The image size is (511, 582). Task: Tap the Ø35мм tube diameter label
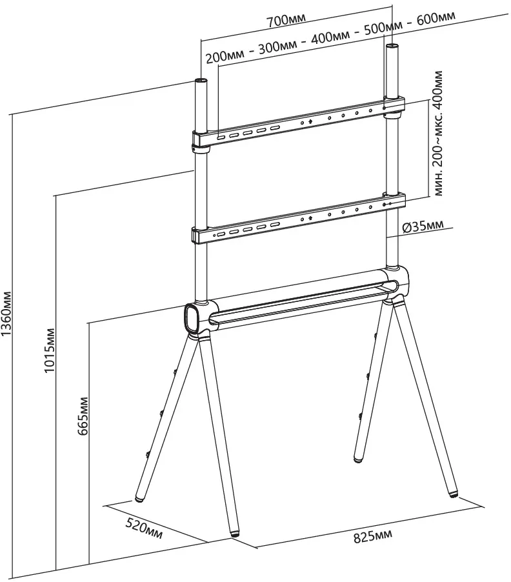pyautogui.click(x=422, y=226)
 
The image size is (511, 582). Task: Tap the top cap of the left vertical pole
pyautogui.click(x=200, y=82)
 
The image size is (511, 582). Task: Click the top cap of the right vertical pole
pyautogui.click(x=392, y=47)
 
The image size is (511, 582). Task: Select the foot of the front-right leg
pyautogui.click(x=456, y=494)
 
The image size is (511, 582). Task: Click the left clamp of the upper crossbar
pyautogui.click(x=201, y=139)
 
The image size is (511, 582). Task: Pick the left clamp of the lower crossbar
pyautogui.click(x=200, y=234)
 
